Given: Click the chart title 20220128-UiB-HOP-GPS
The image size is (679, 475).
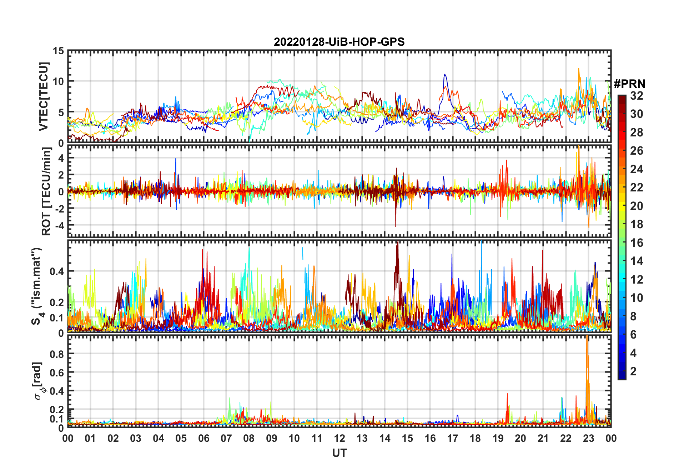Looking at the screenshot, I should click(339, 42).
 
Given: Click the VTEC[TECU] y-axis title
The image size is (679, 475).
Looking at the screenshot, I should click(44, 96).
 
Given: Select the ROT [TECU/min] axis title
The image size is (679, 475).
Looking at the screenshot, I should click(46, 191).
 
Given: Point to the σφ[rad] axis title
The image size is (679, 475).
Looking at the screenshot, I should click(37, 381).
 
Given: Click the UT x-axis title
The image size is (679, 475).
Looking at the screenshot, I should click(339, 453).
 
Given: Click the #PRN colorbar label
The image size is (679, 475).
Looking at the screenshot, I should click(629, 84).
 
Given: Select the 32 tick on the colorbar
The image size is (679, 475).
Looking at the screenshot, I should click(637, 96).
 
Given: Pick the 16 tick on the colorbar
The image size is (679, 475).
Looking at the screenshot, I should click(637, 243).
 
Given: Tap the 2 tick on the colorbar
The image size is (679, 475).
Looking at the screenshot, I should click(633, 371).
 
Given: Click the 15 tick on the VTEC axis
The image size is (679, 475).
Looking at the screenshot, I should click(58, 51).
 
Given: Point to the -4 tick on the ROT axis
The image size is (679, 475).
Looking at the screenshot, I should click(58, 225).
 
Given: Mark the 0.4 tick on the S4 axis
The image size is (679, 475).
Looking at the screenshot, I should click(57, 271).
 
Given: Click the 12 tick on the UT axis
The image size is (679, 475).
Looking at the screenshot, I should click(339, 438).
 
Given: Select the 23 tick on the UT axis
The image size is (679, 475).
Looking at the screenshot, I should click(588, 438).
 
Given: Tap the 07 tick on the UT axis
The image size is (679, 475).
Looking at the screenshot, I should click(226, 438).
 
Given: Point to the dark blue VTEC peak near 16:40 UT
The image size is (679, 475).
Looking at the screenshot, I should click(444, 75).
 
